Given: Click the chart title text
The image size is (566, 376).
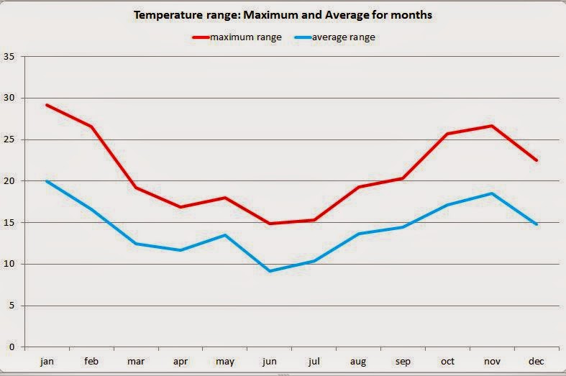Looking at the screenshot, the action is click(283, 15).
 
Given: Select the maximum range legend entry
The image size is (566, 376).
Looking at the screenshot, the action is click(237, 37).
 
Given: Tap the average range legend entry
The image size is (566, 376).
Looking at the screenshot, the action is click(334, 37).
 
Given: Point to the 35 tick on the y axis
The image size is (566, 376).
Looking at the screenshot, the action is click(9, 57).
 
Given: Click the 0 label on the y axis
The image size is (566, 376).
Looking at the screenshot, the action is click(12, 347).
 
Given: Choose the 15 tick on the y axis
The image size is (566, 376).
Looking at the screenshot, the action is click(9, 223).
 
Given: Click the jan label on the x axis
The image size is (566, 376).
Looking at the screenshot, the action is click(47, 361).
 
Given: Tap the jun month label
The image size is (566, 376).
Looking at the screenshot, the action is click(270, 361).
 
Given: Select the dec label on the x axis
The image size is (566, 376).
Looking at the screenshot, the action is click(536, 361).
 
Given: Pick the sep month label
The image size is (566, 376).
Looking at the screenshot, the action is click(403, 361).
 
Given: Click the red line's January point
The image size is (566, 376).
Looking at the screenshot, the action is click(47, 105).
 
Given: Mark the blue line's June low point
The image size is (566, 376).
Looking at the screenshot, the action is click(270, 271).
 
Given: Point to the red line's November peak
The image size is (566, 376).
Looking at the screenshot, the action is click(492, 126).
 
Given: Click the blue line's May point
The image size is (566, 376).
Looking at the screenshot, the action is click(225, 235).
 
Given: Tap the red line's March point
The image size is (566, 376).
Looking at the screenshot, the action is click(136, 188).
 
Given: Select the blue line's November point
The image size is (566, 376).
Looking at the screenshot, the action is click(492, 193).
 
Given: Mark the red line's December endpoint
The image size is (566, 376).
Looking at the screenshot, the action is click(537, 160).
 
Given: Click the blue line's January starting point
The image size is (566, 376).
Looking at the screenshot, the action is click(47, 180).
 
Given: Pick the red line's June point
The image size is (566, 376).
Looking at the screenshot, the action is click(270, 224).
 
